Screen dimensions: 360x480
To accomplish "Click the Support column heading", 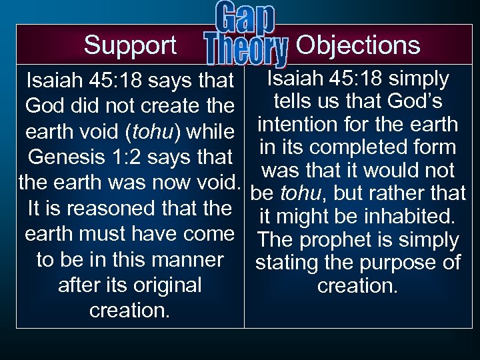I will coord(130,45).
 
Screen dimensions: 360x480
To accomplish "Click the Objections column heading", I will coord(357,45).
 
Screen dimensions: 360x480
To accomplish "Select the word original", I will coord(163,285).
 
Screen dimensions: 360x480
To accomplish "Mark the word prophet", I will coord(346,240).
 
